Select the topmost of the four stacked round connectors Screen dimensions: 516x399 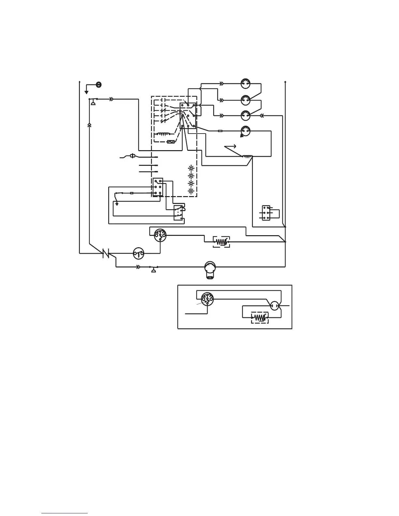point(245,83)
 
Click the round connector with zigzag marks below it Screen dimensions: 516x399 point(245,131)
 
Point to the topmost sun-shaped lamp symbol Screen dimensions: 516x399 point(191,168)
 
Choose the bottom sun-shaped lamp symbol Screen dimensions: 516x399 point(191,191)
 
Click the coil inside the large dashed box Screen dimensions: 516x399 point(164,134)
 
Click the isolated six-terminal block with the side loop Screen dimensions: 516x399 point(267,213)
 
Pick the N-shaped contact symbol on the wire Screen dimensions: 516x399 point(106,253)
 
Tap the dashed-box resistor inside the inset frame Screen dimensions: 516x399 point(260,317)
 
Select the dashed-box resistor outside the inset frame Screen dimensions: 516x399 point(221,242)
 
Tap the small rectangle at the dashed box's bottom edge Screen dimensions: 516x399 point(170,142)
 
